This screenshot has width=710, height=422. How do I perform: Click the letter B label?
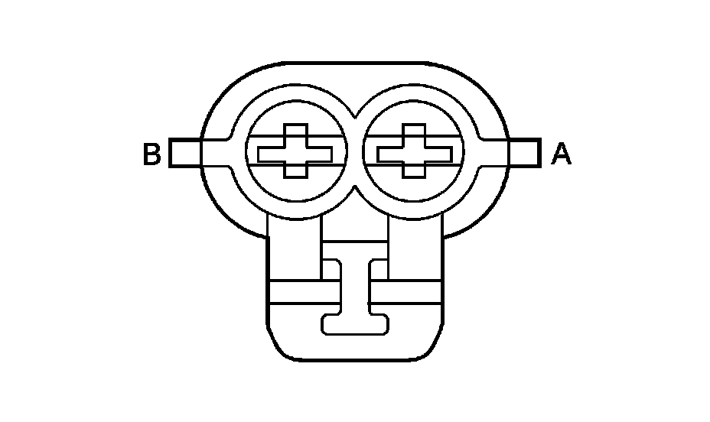[x=151, y=154]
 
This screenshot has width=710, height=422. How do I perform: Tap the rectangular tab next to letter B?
[x=185, y=153]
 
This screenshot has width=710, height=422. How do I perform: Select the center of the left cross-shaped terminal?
[x=295, y=154]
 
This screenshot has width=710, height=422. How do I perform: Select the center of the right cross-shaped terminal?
[x=414, y=154]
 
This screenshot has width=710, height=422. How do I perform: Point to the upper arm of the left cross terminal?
[x=295, y=134]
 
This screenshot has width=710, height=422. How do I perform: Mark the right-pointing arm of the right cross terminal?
[x=445, y=154]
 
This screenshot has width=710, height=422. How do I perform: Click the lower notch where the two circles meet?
[x=355, y=193]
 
